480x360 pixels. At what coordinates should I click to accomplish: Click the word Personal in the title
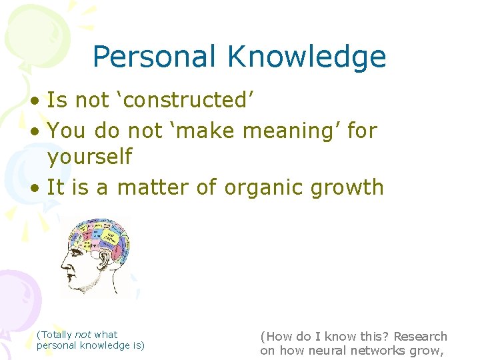tap(154, 57)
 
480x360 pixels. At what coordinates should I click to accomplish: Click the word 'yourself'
tap(90, 157)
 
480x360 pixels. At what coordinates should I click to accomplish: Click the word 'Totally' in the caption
tap(56, 335)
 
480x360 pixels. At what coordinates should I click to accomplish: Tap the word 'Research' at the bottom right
tap(420, 337)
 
